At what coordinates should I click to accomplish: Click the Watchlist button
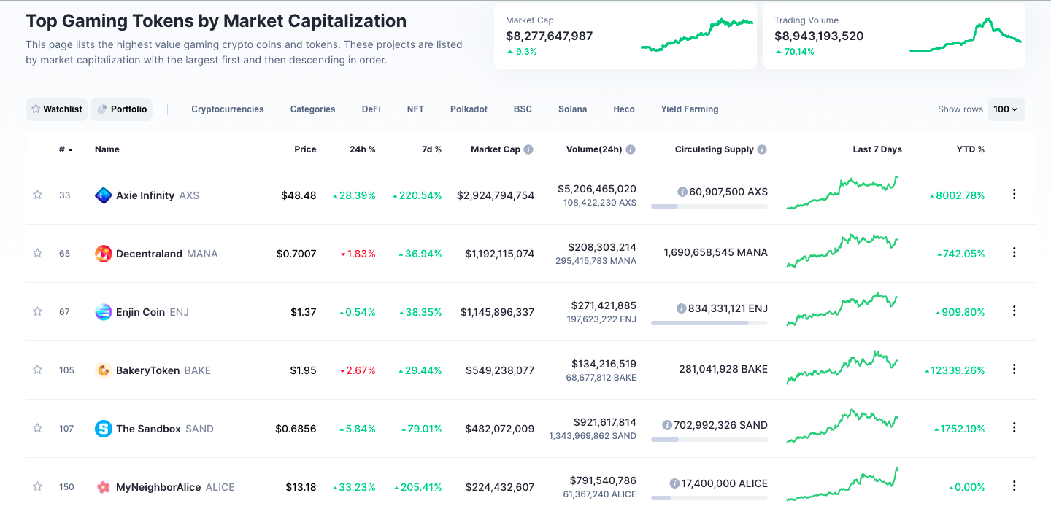56,109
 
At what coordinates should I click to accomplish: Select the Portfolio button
122,109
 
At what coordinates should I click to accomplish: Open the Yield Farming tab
690,109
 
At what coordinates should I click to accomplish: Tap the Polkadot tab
469,109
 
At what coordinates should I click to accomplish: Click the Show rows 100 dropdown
1006,109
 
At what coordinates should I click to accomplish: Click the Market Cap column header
496,149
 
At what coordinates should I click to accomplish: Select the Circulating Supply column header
714,149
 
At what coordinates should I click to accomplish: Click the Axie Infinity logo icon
104,195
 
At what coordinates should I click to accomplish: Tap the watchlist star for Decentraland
37,253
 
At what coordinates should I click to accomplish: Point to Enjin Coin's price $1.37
303,312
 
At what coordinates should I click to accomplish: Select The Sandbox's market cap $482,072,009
500,429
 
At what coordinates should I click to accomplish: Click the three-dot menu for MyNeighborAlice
1014,486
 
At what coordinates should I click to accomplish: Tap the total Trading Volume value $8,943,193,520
819,36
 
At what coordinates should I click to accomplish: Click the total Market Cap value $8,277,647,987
549,36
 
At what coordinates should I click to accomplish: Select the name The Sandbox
148,429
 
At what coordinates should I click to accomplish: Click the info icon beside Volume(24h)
631,149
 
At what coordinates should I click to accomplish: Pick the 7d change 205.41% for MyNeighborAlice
417,487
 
